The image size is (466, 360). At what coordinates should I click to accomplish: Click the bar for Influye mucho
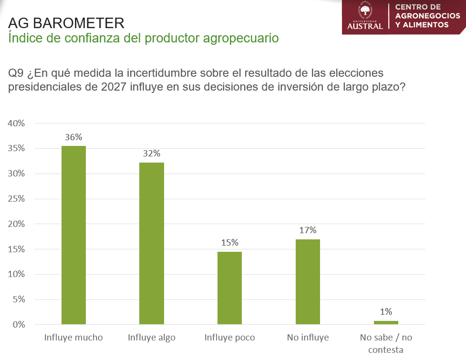pyautogui.click(x=74, y=235)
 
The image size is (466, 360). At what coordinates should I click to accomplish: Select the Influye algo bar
pyautogui.click(x=152, y=243)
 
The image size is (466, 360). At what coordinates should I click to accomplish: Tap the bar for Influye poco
pyautogui.click(x=230, y=288)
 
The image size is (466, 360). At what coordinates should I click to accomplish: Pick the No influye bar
pyautogui.click(x=308, y=282)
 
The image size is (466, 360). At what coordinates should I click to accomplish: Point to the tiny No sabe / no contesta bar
pyautogui.click(x=386, y=323)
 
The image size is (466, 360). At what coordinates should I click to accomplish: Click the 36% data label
pyautogui.click(x=73, y=137)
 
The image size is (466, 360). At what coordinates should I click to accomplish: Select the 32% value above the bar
pyautogui.click(x=152, y=153)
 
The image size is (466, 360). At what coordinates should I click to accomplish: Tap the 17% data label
pyautogui.click(x=308, y=230)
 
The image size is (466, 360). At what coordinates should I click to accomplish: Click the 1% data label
pyautogui.click(x=386, y=311)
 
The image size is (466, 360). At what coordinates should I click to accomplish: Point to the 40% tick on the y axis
pyautogui.click(x=16, y=123)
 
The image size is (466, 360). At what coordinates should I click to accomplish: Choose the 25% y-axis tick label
pyautogui.click(x=16, y=199)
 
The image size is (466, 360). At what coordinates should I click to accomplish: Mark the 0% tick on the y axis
pyautogui.click(x=19, y=324)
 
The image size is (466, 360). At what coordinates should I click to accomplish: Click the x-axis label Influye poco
pyautogui.click(x=230, y=338)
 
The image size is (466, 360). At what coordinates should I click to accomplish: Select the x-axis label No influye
pyautogui.click(x=308, y=338)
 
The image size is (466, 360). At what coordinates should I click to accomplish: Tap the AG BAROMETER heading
pyautogui.click(x=66, y=23)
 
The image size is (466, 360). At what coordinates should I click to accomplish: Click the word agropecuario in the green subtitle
pyautogui.click(x=241, y=38)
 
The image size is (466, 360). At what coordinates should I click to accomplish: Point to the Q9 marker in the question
pyautogui.click(x=16, y=73)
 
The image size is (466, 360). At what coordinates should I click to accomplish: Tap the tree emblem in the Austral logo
pyautogui.click(x=365, y=10)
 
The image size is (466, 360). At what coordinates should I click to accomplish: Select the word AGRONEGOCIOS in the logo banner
pyautogui.click(x=428, y=16)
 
